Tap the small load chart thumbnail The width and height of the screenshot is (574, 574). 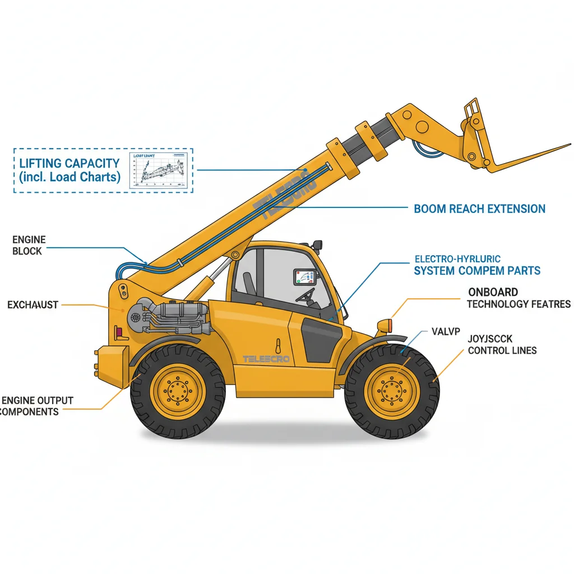pos(158,170)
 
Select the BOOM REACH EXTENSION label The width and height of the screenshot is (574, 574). pos(479,209)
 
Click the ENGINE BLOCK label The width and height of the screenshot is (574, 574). pos(29,246)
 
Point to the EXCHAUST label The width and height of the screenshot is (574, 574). pos(33,305)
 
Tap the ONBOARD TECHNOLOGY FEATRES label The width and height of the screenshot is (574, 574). pos(519,298)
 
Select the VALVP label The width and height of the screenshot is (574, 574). pos(446,331)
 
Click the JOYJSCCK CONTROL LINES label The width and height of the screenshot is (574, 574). pos(502,345)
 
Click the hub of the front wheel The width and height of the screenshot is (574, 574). pos(392,391)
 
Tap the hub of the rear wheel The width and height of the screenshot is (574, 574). pos(178,391)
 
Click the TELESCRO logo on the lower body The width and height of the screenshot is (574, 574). pos(266,359)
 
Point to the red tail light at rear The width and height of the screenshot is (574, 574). pos(119,332)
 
